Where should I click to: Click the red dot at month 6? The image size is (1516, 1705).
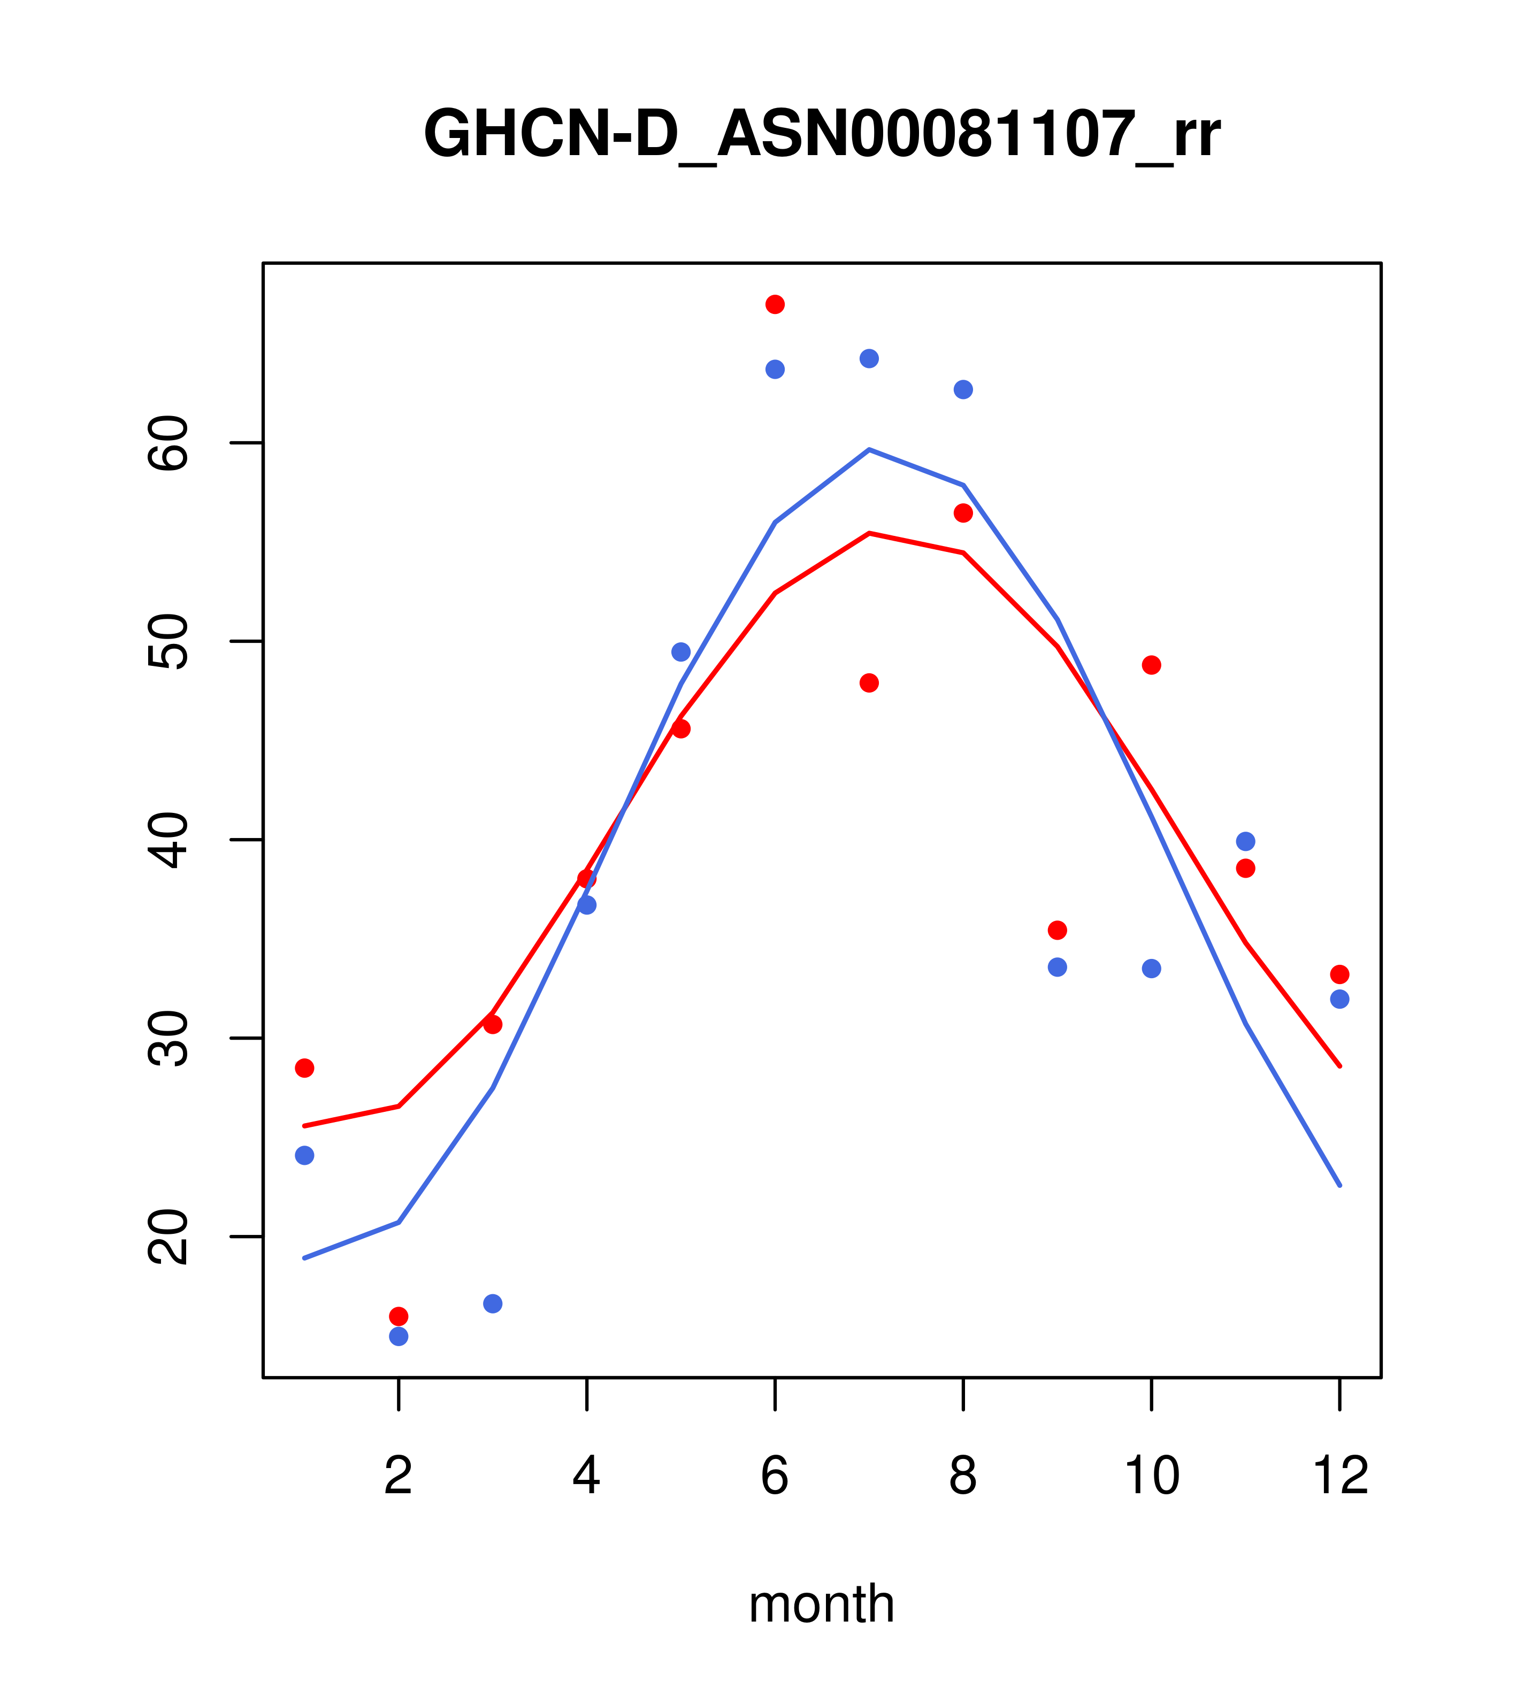click(x=775, y=304)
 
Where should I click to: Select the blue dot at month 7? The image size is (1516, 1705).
click(x=869, y=359)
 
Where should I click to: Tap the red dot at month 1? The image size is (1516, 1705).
click(x=304, y=1069)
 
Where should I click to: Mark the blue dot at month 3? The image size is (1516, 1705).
click(x=493, y=1304)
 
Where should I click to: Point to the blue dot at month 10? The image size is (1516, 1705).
click(x=1151, y=969)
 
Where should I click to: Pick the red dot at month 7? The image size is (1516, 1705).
click(x=869, y=683)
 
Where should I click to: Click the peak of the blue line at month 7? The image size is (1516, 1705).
click(x=869, y=450)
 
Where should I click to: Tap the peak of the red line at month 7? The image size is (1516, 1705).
click(x=869, y=533)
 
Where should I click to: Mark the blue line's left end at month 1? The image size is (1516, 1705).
click(x=304, y=1258)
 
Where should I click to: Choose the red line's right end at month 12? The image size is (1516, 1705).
click(x=1340, y=1066)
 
